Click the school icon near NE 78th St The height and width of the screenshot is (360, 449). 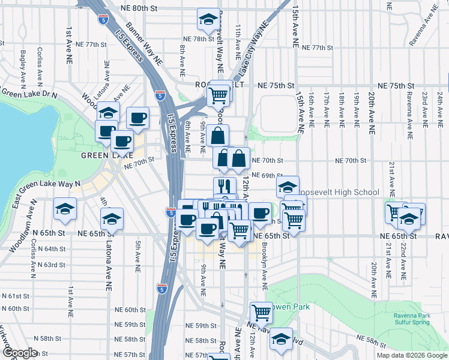[208, 19]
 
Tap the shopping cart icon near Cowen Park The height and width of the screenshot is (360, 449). [262, 312]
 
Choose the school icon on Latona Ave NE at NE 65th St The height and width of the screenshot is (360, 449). [112, 220]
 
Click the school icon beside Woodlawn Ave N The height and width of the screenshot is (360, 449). [64, 209]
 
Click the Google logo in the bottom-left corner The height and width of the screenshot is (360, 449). [20, 353]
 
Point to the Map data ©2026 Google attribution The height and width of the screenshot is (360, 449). [411, 355]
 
